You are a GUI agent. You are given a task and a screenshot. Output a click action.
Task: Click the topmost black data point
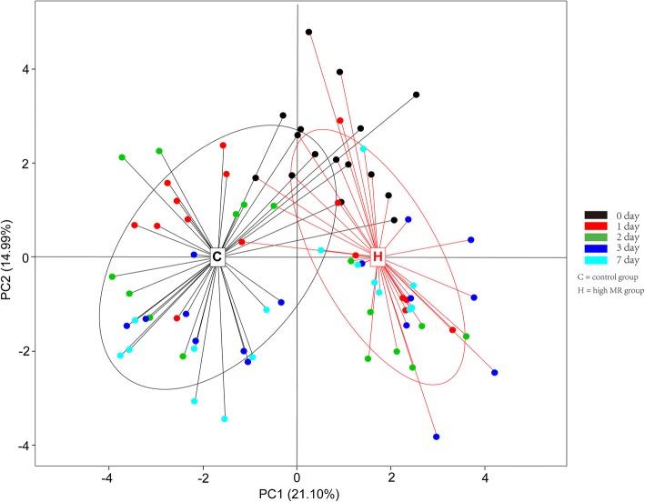point(308,32)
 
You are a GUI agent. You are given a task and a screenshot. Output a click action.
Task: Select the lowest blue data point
point(437,437)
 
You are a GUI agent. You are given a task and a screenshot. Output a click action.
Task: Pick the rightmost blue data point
point(495,373)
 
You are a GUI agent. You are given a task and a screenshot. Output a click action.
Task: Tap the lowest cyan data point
point(225,419)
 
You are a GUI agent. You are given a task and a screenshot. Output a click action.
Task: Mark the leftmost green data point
point(112,276)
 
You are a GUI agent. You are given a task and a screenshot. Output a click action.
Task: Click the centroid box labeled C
point(217,257)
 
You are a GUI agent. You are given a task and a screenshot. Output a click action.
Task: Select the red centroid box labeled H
point(378,257)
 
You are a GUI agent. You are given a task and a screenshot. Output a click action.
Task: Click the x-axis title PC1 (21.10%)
point(297,492)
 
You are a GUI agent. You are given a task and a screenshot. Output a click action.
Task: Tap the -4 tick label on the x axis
point(108,476)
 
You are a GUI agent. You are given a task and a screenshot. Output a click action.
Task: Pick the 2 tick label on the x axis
point(391,476)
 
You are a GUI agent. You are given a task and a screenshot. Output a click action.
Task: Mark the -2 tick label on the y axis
point(22,351)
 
